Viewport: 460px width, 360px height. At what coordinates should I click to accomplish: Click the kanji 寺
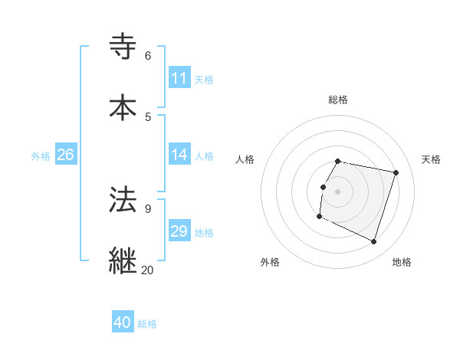[123, 47]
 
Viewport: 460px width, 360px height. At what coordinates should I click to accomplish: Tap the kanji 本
[123, 106]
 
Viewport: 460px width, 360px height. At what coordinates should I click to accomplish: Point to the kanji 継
[123, 260]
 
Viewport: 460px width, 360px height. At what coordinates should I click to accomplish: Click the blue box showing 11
[179, 78]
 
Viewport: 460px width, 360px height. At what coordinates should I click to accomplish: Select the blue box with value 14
[179, 155]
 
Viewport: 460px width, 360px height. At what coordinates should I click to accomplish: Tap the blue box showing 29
[179, 231]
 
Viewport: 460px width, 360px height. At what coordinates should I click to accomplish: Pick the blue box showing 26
[65, 155]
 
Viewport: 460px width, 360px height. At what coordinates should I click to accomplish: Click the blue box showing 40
[123, 322]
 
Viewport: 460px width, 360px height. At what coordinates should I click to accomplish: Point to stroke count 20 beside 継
[147, 270]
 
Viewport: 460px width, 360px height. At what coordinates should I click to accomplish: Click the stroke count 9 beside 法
[147, 208]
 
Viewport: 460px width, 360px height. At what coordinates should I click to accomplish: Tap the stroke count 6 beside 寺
[147, 56]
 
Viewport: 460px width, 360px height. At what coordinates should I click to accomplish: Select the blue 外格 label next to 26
[41, 156]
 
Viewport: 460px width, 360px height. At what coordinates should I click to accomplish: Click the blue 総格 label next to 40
[147, 324]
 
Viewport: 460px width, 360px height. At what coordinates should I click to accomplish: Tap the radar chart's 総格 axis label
[338, 100]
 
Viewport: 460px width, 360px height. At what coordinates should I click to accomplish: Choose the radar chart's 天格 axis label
[431, 159]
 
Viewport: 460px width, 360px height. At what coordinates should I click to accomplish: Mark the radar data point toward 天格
[396, 173]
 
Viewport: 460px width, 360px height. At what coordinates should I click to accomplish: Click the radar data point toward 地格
[373, 242]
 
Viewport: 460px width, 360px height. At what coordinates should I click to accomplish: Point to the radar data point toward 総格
[338, 161]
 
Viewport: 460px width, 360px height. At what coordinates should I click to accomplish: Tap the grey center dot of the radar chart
[338, 191]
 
